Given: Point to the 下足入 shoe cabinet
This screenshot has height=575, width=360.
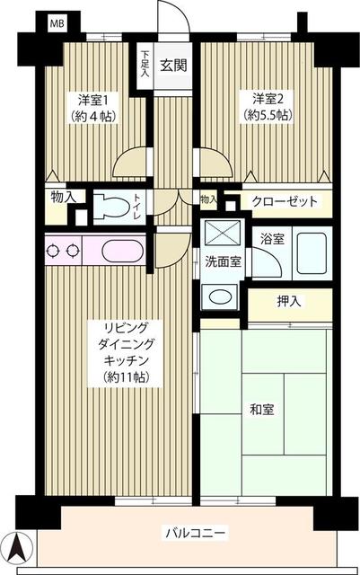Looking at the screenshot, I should [145, 64].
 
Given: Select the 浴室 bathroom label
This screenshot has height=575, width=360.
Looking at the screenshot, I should [272, 240].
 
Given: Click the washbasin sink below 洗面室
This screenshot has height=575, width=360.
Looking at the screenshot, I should [218, 296].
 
